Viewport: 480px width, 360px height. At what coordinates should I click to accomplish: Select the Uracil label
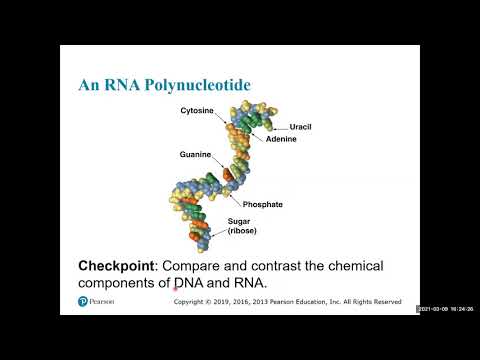point(302,128)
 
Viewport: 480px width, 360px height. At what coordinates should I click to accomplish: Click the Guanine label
point(197,155)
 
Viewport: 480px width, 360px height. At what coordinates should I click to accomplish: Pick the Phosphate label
point(263,205)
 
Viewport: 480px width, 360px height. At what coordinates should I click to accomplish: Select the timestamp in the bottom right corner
point(445,308)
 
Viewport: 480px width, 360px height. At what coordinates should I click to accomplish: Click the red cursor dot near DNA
point(175,290)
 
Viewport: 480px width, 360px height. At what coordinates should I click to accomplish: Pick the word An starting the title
point(89,85)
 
